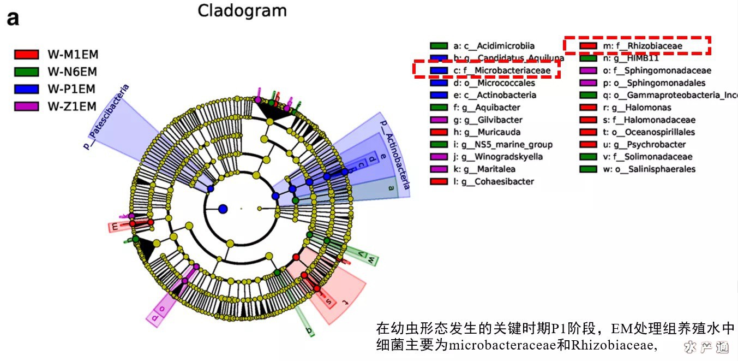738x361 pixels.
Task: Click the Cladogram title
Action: [242, 11]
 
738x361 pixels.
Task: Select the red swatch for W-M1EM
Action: [26, 54]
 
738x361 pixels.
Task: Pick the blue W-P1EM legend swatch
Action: [26, 89]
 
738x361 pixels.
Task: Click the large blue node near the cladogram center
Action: [223, 209]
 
